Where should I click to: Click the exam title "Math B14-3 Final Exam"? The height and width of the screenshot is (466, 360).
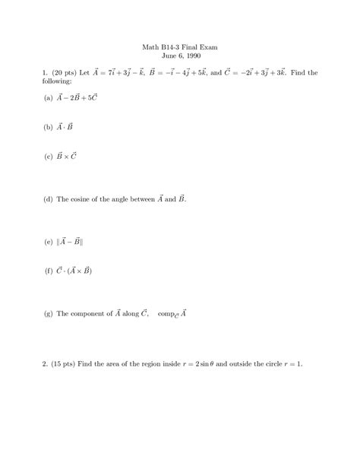click(180, 46)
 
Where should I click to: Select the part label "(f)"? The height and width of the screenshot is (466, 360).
click(49, 270)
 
